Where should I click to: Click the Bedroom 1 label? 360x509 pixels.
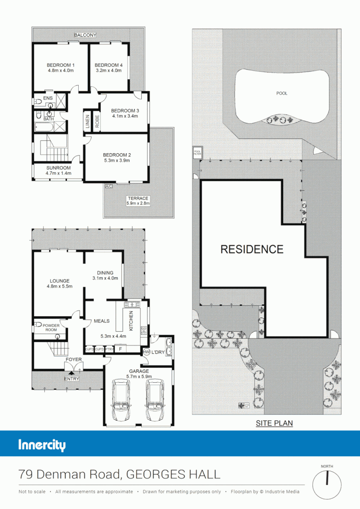[60, 65]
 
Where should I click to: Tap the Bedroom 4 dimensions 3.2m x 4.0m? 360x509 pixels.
[108, 71]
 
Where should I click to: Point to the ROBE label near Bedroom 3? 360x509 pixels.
[97, 121]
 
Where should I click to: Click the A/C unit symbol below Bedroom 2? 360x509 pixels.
[109, 186]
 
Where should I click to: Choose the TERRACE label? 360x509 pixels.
[138, 198]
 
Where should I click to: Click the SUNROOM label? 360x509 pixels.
[58, 168]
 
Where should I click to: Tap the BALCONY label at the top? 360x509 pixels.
[85, 35]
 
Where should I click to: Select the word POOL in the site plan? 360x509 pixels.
[282, 93]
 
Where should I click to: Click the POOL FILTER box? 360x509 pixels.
[197, 152]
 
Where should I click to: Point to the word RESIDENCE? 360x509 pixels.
[252, 249]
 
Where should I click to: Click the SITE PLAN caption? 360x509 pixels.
[274, 423]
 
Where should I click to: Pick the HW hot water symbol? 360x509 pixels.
[146, 352]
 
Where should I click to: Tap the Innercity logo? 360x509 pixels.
[42, 445]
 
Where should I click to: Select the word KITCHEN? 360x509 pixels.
[131, 320]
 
